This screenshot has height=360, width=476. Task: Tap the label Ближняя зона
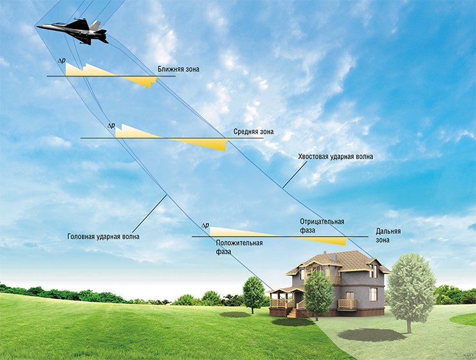coord(178,68)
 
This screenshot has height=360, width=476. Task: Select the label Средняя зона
coord(253,132)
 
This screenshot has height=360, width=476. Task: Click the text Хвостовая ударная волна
coord(335,156)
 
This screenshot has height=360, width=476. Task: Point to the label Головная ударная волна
coord(104,237)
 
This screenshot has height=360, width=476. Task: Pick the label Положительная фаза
coord(239,247)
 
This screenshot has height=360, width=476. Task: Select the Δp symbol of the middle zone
coord(111,126)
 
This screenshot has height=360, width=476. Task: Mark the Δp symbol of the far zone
coord(205,226)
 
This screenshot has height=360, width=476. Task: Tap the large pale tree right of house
coord(410,289)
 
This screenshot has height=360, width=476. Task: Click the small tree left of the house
coord(254,292)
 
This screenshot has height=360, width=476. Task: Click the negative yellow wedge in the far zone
coord(328,240)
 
